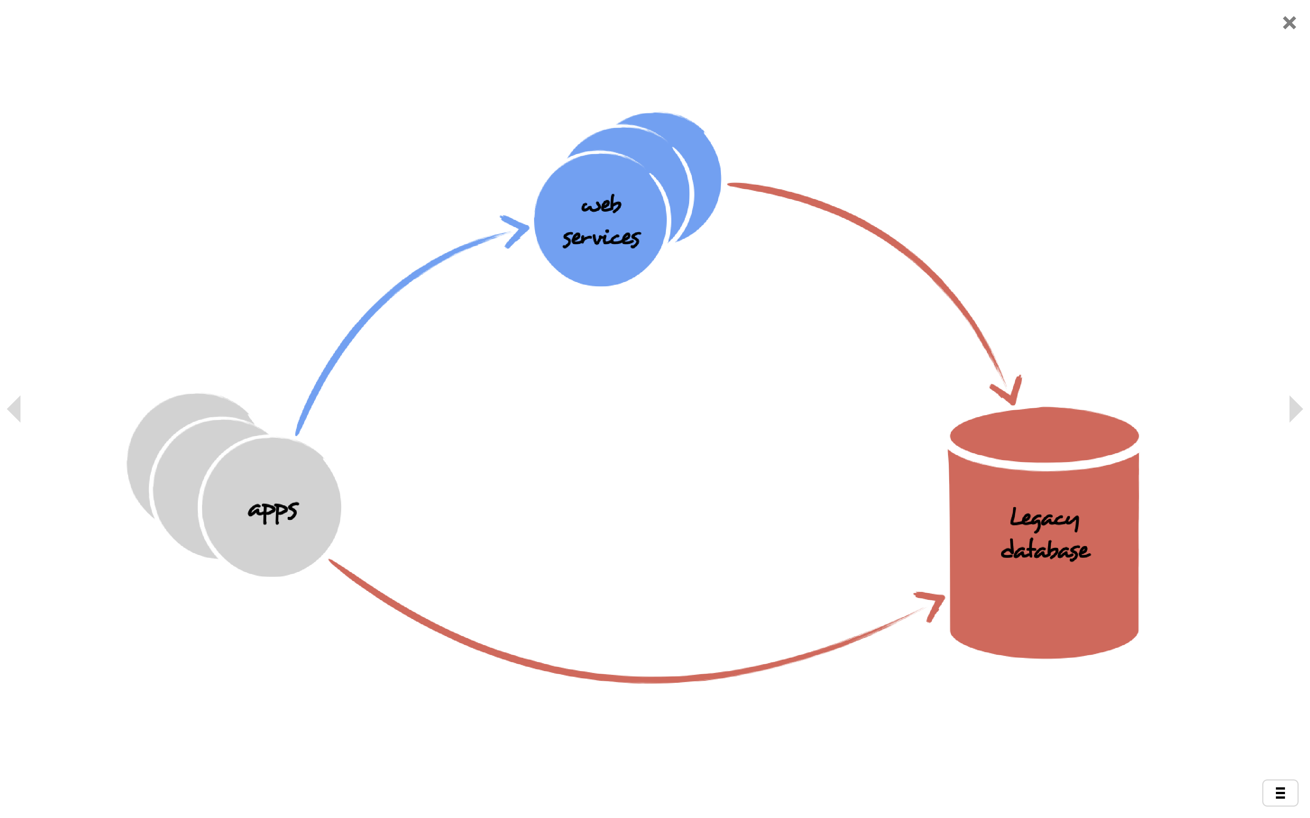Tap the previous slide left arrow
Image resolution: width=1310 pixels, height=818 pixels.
(14, 409)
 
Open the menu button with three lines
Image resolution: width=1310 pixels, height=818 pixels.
(1280, 793)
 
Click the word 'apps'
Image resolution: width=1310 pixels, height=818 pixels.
(273, 511)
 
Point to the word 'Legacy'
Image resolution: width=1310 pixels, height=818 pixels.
(1044, 519)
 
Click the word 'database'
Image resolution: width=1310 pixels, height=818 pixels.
(1045, 549)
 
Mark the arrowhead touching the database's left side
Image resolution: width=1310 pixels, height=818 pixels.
(932, 605)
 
